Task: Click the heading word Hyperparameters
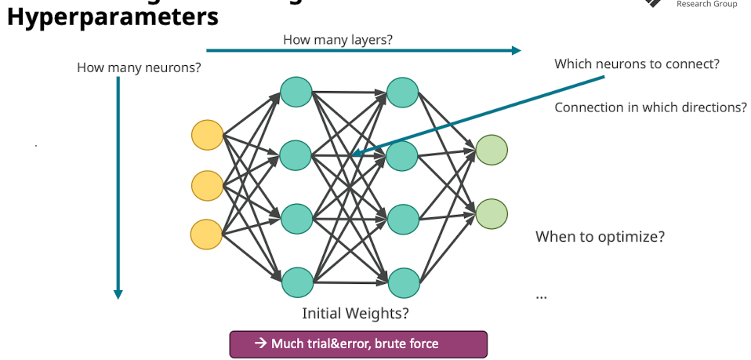pyautogui.click(x=112, y=16)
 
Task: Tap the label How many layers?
pyautogui.click(x=337, y=39)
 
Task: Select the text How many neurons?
pyautogui.click(x=139, y=67)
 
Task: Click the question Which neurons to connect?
pyautogui.click(x=637, y=64)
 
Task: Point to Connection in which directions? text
pyautogui.click(x=650, y=107)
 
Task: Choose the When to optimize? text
pyautogui.click(x=600, y=236)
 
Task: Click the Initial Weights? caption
pyautogui.click(x=355, y=314)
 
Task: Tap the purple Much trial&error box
pyautogui.click(x=357, y=344)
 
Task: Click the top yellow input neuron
pyautogui.click(x=207, y=135)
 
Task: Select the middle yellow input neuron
pyautogui.click(x=207, y=185)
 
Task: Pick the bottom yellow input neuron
pyautogui.click(x=207, y=235)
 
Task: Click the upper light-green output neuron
pyautogui.click(x=492, y=150)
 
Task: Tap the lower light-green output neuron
pyautogui.click(x=492, y=213)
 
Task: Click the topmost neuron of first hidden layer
pyautogui.click(x=297, y=92)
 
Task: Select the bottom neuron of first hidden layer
pyautogui.click(x=297, y=282)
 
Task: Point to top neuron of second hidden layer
pyautogui.click(x=401, y=92)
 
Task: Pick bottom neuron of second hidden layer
pyautogui.click(x=401, y=282)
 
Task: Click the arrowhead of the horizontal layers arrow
pyautogui.click(x=516, y=51)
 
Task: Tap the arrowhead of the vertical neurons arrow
pyautogui.click(x=118, y=294)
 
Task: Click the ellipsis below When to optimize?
pyautogui.click(x=541, y=296)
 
